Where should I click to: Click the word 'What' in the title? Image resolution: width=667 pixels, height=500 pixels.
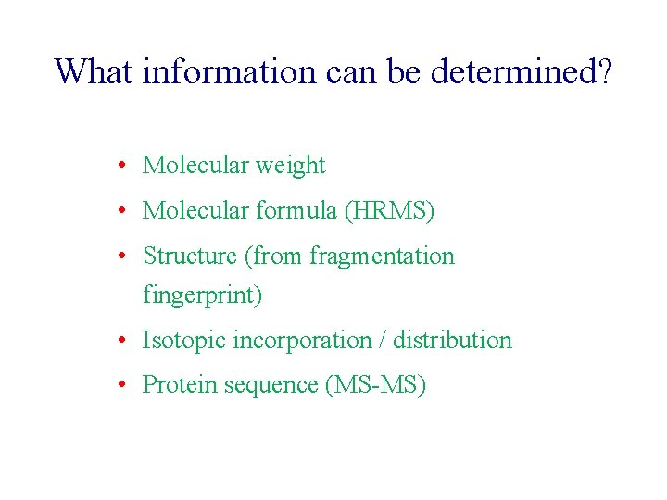coord(94,71)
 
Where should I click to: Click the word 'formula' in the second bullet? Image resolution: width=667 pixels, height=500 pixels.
coord(295,211)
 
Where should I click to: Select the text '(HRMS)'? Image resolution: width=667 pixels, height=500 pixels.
coord(388,212)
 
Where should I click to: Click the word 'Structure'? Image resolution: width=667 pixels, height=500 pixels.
coord(189,256)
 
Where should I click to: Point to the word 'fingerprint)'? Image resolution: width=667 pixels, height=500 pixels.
coord(202,296)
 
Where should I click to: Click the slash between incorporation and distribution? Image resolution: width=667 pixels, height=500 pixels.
coord(384,341)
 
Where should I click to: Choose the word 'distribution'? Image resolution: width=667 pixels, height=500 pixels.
coord(452,341)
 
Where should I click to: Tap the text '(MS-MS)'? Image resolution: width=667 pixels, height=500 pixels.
coord(375,385)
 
